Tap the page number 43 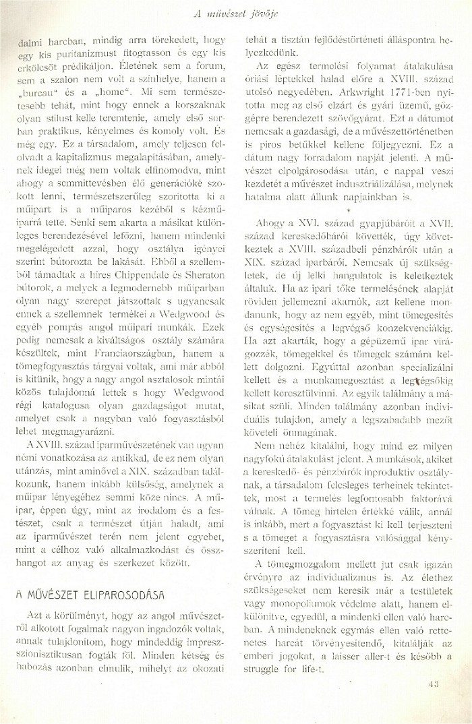(x=434, y=685)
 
